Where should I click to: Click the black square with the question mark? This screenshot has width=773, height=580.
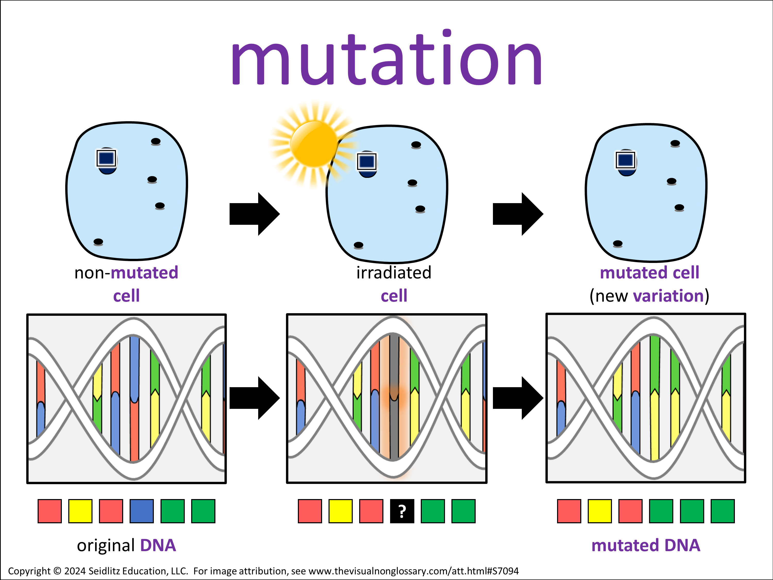(402, 511)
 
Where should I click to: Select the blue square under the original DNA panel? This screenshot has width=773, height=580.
(141, 511)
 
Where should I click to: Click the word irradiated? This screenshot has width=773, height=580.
(394, 273)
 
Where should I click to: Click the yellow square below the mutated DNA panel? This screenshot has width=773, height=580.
(600, 511)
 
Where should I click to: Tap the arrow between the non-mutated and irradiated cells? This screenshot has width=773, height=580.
(254, 214)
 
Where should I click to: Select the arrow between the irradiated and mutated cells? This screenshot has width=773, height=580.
(518, 214)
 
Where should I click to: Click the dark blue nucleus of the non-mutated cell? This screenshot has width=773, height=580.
(107, 159)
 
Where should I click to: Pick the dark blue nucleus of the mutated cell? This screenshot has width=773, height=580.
(626, 161)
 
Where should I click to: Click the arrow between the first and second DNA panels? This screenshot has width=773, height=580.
(254, 398)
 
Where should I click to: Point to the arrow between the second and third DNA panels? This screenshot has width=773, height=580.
(518, 398)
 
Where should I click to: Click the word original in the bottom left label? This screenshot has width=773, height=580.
(106, 545)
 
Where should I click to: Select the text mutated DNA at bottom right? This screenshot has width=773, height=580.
(646, 545)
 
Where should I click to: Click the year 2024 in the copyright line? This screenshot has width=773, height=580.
(75, 571)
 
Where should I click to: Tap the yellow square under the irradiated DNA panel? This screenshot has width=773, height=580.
(340, 511)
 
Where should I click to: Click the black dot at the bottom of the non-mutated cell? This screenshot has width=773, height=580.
(98, 242)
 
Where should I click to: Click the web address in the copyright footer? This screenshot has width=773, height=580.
(413, 571)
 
